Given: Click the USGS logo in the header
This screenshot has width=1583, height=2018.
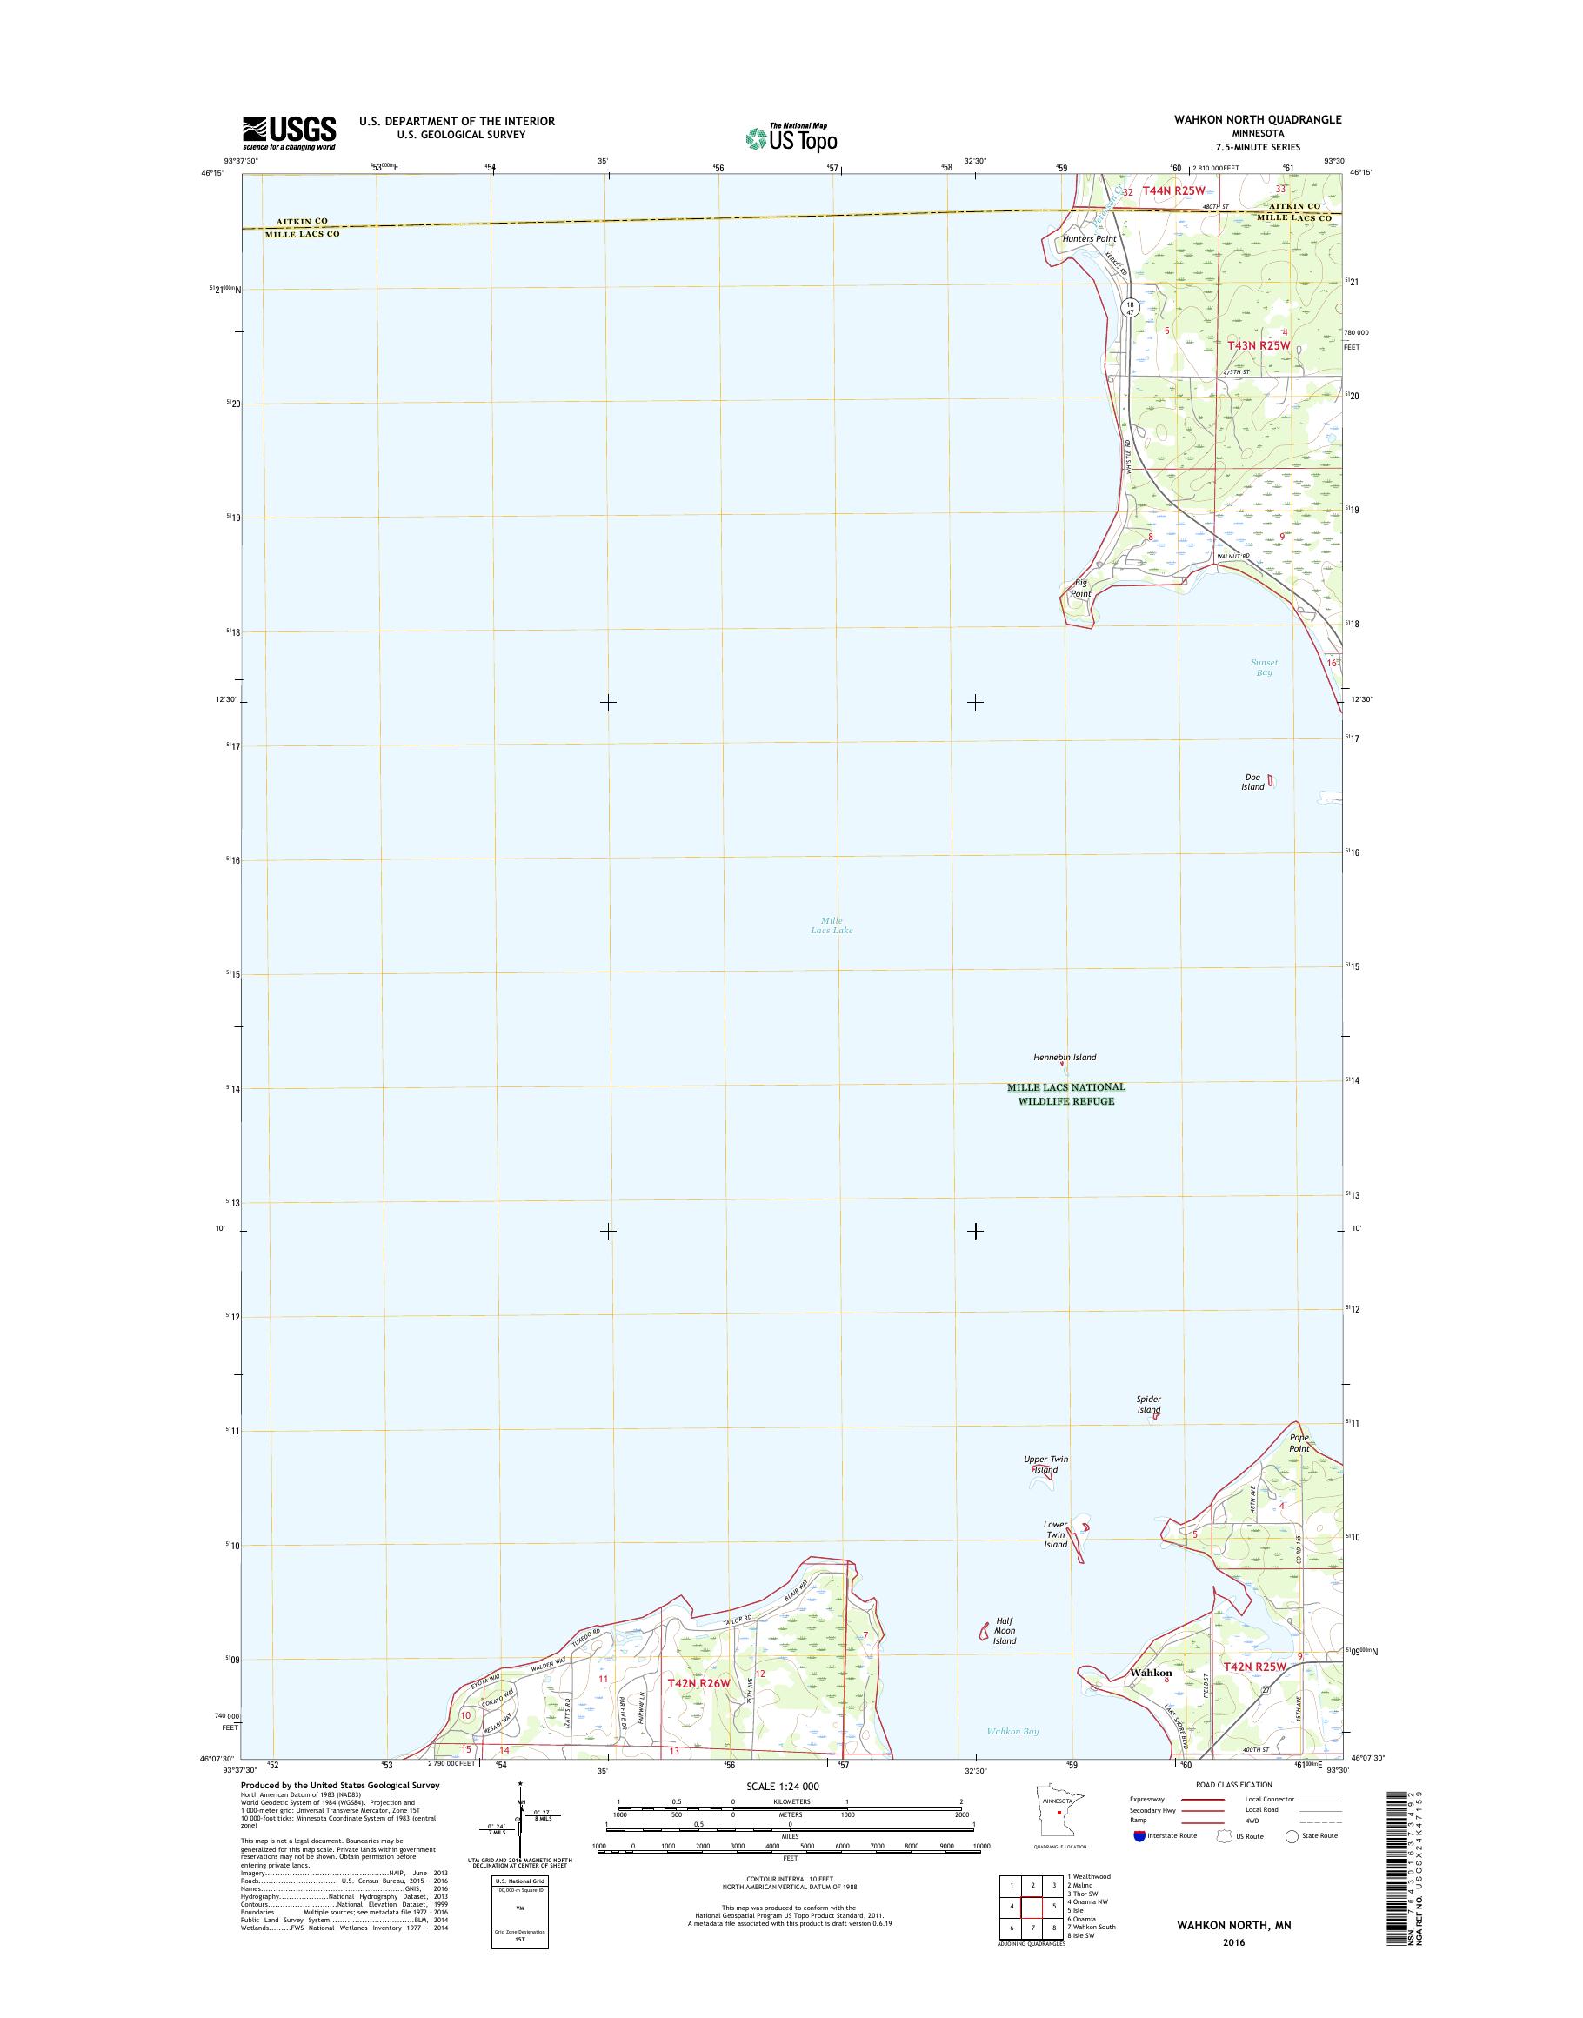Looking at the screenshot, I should tap(289, 132).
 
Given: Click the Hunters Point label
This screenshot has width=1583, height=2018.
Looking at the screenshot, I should tap(1089, 239).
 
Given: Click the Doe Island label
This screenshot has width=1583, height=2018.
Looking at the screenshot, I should tap(1253, 781).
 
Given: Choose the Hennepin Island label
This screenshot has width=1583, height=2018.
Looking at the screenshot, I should tap(1065, 1057).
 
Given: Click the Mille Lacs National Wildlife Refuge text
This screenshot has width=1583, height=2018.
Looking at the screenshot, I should tap(1065, 1094).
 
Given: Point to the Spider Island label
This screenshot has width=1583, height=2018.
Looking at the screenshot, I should tap(1148, 1405).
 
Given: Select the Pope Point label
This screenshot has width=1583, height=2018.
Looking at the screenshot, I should tap(1299, 1442).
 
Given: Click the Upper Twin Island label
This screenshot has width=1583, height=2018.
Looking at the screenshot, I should tap(1045, 1464).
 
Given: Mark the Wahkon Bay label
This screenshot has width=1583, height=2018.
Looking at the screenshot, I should tap(1012, 1732).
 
